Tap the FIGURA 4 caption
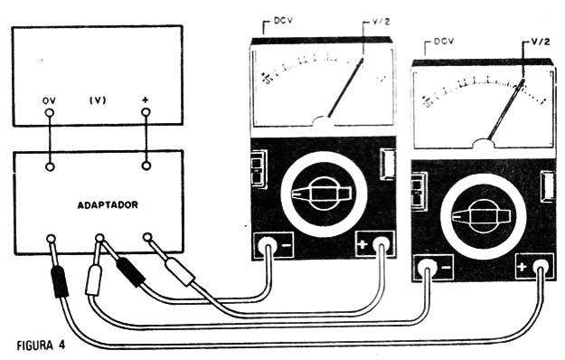click(x=42, y=345)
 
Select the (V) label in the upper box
click(x=98, y=100)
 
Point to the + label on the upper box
click(x=145, y=99)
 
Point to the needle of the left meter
click(x=346, y=89)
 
